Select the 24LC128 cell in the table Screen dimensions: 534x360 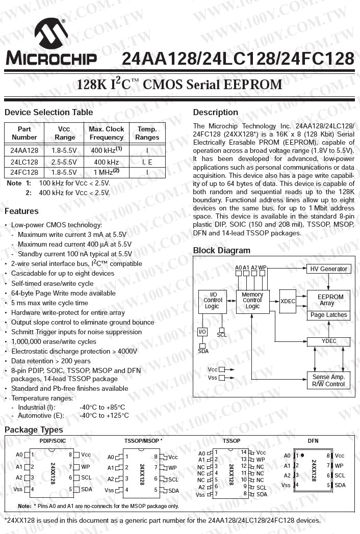[x=24, y=162]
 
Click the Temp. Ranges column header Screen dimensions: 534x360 [x=147, y=133]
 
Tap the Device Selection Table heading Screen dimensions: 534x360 [x=48, y=112]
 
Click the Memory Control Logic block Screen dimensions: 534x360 [x=252, y=301]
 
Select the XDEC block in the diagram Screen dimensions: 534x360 [x=288, y=301]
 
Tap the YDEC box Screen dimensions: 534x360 [x=329, y=341]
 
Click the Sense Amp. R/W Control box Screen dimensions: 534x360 [x=328, y=381]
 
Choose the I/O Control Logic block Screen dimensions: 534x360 [x=212, y=301]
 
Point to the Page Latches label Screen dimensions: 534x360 [x=328, y=315]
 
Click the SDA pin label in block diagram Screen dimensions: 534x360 [x=203, y=351]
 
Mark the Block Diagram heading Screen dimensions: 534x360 [x=221, y=250]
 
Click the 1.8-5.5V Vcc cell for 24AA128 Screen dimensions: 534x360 [x=64, y=151]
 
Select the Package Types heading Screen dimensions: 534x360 [x=34, y=430]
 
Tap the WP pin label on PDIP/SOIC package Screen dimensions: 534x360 [x=85, y=466]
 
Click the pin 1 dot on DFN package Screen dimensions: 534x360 [x=302, y=455]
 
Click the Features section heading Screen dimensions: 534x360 [x=21, y=211]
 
